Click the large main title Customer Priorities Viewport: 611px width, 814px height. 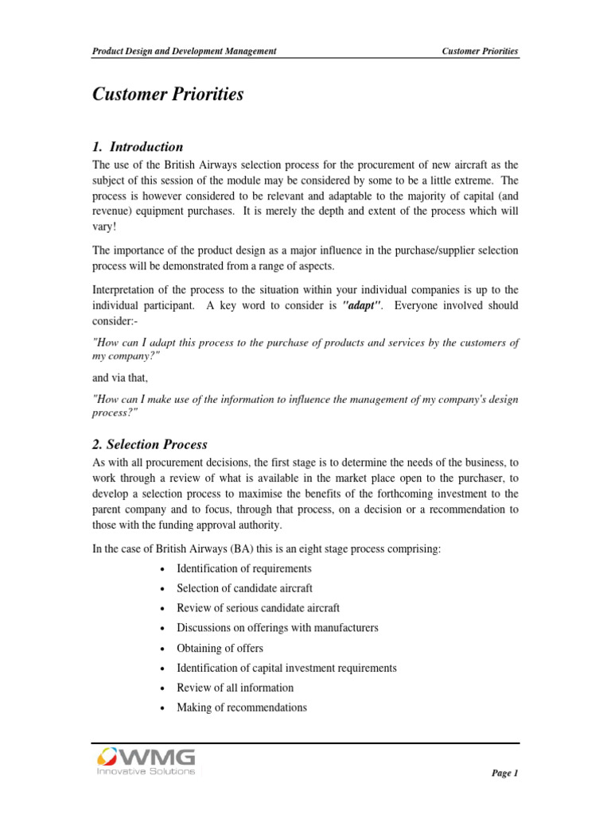(168, 95)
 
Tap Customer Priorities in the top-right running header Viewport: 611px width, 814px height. (480, 51)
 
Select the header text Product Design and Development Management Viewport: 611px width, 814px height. (185, 51)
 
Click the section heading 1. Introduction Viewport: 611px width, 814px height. (138, 147)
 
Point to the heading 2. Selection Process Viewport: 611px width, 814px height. (150, 444)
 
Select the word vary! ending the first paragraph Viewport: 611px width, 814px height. (105, 227)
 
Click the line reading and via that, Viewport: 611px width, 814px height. (120, 378)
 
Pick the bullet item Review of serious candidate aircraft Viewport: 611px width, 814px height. (258, 608)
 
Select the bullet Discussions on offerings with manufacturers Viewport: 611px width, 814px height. (277, 628)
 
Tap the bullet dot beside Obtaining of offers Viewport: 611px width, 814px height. (162, 649)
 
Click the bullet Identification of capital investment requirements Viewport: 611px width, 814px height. (286, 668)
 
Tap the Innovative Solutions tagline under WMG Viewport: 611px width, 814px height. (145, 772)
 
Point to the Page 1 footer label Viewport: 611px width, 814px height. (504, 773)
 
